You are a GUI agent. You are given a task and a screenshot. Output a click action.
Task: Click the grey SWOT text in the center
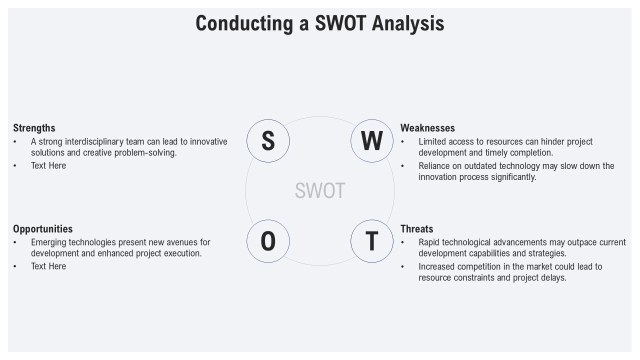click(320, 190)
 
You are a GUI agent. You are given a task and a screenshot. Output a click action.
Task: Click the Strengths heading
click(34, 128)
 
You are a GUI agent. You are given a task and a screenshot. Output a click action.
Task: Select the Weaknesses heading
click(427, 128)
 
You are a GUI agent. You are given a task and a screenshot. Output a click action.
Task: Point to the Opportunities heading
click(43, 229)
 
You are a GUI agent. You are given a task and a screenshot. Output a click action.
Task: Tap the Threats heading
click(416, 229)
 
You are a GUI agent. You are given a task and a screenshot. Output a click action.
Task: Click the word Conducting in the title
click(244, 23)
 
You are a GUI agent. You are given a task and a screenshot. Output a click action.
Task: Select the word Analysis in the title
click(408, 23)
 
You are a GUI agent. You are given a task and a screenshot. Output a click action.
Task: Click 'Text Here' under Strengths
click(48, 165)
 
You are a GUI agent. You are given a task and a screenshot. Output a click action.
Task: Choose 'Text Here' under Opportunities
click(48, 266)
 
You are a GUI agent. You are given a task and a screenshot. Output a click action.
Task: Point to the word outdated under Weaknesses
click(480, 166)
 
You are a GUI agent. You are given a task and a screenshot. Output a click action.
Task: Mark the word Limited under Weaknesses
click(430, 141)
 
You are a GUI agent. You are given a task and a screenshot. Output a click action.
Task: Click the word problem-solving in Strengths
click(145, 153)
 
